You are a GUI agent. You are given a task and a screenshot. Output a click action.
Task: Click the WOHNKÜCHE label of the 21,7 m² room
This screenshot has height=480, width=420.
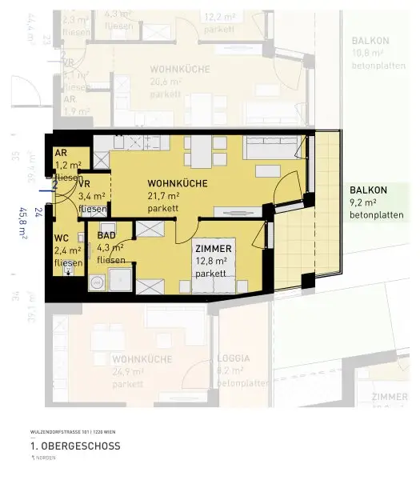(x=178, y=183)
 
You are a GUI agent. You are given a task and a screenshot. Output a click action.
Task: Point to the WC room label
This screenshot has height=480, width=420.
(x=62, y=238)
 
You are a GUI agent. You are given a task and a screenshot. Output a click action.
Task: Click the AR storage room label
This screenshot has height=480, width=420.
(x=60, y=153)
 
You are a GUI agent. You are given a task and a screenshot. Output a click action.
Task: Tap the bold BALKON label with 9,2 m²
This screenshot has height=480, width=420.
(x=368, y=190)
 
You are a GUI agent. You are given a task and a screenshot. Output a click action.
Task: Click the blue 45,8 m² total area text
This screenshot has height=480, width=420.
(x=23, y=225)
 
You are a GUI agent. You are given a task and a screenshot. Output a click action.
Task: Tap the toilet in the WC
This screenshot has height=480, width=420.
(x=70, y=270)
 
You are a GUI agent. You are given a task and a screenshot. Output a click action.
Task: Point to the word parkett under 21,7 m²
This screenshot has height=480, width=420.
(x=163, y=208)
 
